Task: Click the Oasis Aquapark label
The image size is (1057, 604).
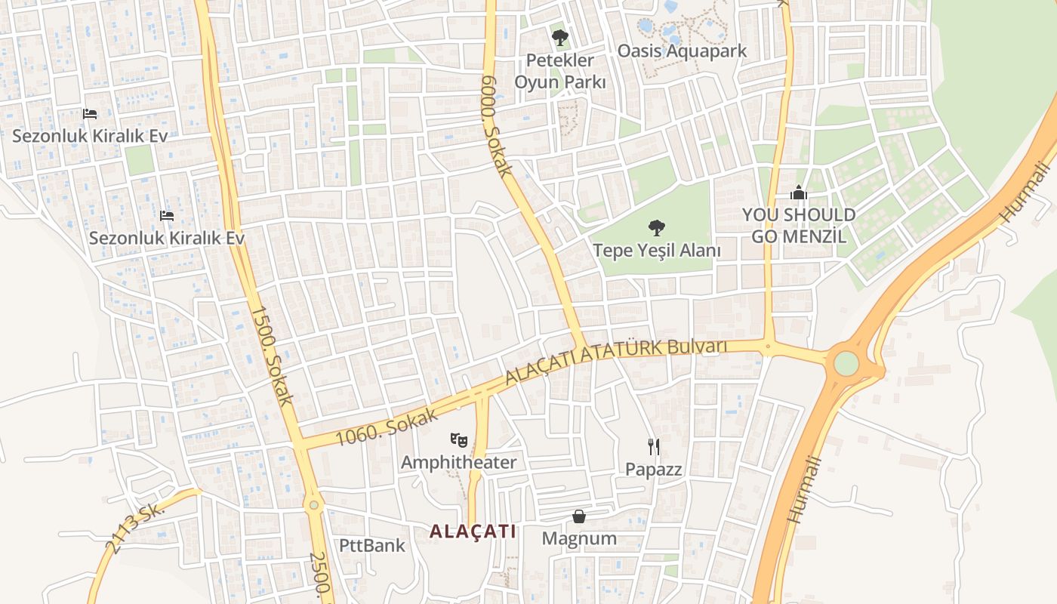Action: (x=682, y=51)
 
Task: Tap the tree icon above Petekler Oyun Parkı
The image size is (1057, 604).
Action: (x=559, y=37)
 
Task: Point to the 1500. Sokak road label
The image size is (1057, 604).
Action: (x=271, y=356)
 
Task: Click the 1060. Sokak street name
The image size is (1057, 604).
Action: (x=387, y=427)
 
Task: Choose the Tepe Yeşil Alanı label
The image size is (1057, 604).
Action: (x=656, y=251)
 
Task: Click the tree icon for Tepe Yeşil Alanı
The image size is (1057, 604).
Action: (x=656, y=227)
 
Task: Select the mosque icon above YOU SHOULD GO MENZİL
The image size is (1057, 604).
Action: (x=799, y=193)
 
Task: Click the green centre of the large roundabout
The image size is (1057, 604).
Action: (x=846, y=364)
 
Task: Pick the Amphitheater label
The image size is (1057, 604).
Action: (x=458, y=462)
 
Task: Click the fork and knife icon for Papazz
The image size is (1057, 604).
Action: (x=654, y=446)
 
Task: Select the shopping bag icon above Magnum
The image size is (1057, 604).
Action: (x=579, y=516)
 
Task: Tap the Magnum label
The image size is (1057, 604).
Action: (x=579, y=538)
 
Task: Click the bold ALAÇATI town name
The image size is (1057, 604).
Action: (x=473, y=532)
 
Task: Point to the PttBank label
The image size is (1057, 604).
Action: (x=371, y=545)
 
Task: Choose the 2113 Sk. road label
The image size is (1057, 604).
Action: (x=137, y=529)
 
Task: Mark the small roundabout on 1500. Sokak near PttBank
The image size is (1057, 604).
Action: (x=313, y=504)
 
